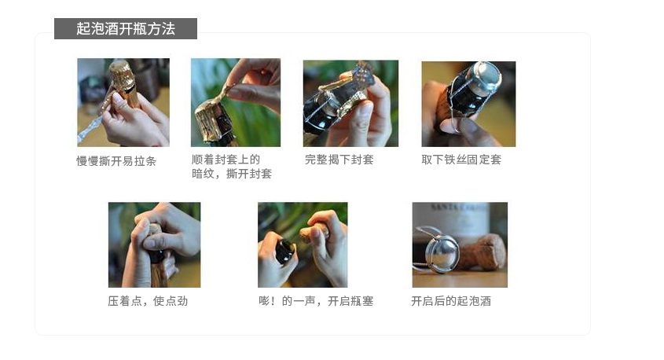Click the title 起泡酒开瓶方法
coord(126,29)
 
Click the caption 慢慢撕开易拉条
coord(116,161)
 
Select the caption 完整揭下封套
coord(339,160)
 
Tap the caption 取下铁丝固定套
coord(461,160)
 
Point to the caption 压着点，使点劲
coord(148,301)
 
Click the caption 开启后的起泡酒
coord(451,301)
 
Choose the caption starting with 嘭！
coord(316,301)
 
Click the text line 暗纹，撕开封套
coord(232,174)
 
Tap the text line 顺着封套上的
coord(226,160)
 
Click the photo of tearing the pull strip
coord(123,102)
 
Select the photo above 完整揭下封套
coord(350,103)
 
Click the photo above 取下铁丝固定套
coord(468,104)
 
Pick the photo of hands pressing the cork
coord(154,244)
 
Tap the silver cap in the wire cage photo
coord(487,77)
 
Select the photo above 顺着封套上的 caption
coord(236,102)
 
